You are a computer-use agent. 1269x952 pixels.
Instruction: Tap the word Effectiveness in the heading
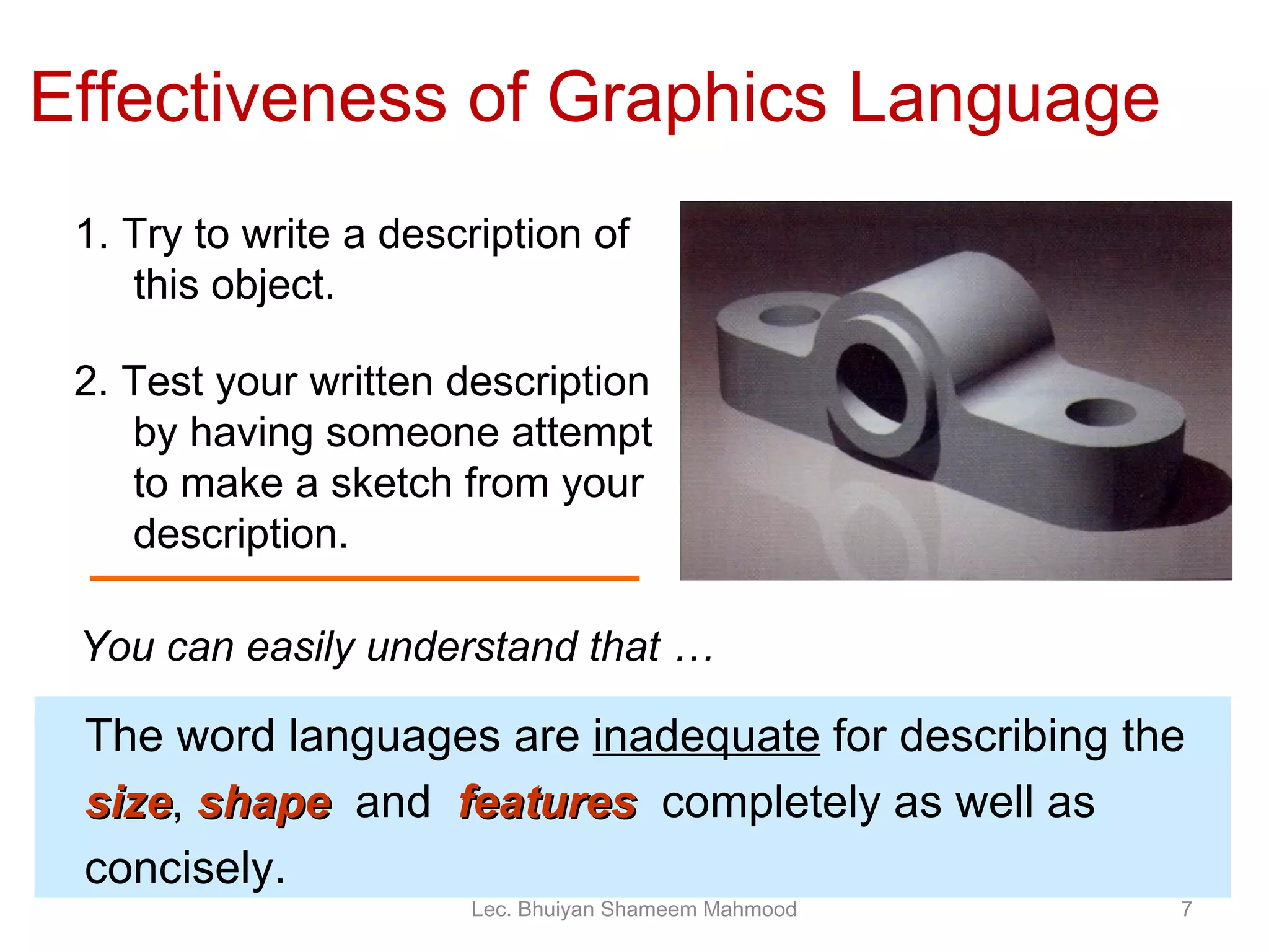pos(239,98)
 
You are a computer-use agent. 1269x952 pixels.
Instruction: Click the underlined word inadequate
pos(706,736)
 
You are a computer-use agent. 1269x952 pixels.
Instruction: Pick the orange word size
pos(130,803)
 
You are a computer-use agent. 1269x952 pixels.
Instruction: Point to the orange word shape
pos(265,804)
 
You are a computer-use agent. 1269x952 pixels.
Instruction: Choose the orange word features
pos(548,803)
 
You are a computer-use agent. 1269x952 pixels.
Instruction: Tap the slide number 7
pos(1187,909)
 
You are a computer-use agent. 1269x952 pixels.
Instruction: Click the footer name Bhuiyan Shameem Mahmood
pos(657,909)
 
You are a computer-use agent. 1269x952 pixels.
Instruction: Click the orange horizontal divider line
pos(364,578)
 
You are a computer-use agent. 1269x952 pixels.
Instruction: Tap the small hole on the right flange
pos(1099,412)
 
